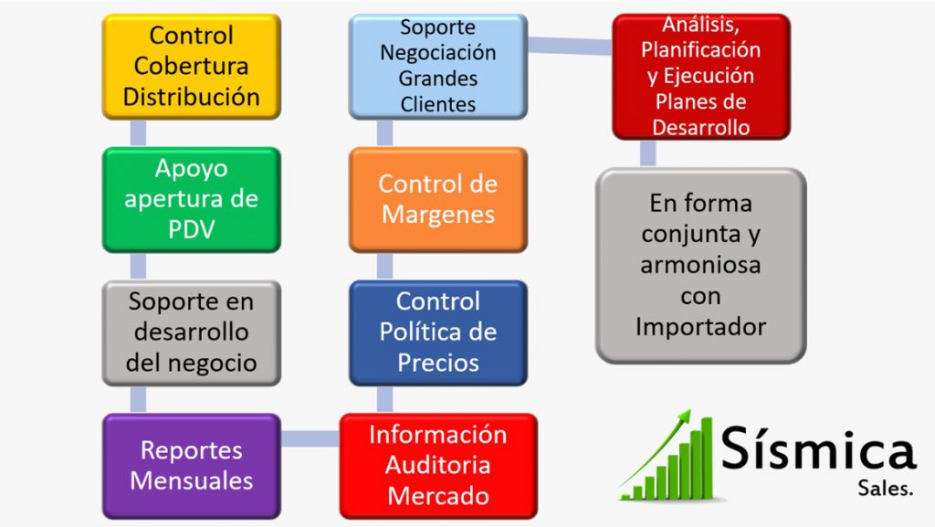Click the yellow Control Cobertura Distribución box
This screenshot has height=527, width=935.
pos(191,66)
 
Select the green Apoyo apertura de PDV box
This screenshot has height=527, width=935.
pos(191,199)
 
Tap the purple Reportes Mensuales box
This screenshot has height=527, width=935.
pos(191,466)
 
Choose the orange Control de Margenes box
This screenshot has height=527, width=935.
pos(437,199)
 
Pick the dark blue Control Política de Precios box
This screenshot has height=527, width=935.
pos(437,332)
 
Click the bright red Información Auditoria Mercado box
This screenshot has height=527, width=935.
pos(437,466)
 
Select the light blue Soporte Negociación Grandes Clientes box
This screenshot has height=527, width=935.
pos(437,66)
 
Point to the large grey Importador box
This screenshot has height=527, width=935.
pos(700,265)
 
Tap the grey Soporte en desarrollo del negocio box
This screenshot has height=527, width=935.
pos(191,332)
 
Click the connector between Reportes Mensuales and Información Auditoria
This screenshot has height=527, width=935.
pos(310,439)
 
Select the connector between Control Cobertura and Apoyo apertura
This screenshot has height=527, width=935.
pos(139,132)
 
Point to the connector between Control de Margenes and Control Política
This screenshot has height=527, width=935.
pos(384,266)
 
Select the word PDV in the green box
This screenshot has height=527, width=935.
pos(191,229)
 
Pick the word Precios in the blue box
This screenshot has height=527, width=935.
pos(437,363)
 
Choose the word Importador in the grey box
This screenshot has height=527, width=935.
pos(700,326)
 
